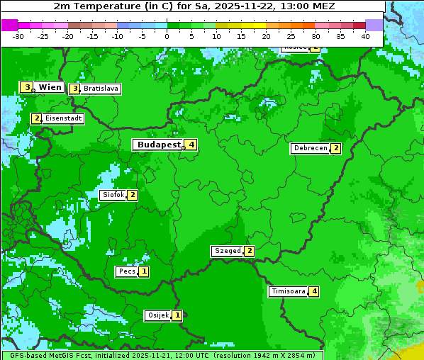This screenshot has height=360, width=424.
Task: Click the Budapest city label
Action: (159, 145)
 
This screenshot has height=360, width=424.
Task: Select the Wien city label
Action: (50, 87)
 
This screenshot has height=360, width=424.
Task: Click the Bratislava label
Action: (100, 89)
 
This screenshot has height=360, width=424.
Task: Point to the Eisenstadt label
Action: (64, 118)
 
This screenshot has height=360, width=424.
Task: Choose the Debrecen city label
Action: (310, 149)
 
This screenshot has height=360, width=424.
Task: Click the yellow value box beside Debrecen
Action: (336, 149)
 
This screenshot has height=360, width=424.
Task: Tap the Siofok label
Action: (113, 195)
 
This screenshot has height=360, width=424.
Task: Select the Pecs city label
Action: (127, 271)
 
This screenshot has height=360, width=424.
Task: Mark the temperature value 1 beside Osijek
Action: (177, 315)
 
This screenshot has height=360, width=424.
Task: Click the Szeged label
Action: (228, 251)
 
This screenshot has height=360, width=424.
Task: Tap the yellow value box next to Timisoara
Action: (315, 291)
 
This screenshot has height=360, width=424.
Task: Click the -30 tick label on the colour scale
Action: (18, 36)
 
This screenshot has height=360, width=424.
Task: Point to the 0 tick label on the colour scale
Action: (167, 36)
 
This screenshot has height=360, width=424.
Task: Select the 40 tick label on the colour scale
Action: (365, 36)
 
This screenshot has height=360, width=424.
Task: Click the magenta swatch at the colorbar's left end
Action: (9, 25)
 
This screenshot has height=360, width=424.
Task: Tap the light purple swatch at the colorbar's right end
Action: (374, 25)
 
